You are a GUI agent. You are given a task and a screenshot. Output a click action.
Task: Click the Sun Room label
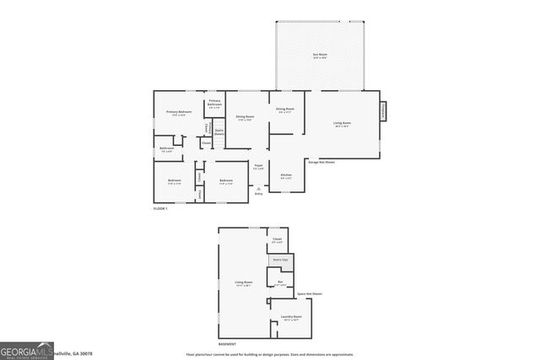point(320,56)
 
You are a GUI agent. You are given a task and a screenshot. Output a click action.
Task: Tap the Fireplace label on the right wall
point(384,110)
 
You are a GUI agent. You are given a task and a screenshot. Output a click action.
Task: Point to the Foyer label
point(259,166)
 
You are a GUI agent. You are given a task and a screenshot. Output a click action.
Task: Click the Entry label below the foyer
point(259,194)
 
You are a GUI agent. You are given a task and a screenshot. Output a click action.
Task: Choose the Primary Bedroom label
point(179,112)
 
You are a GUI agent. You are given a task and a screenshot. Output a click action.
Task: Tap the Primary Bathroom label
point(215,102)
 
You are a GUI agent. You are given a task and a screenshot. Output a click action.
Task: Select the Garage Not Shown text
point(321,161)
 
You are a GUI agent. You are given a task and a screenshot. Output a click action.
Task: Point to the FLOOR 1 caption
point(160,207)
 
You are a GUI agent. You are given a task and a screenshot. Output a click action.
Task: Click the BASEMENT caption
point(228,343)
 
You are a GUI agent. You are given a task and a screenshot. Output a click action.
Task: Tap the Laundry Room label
point(292,318)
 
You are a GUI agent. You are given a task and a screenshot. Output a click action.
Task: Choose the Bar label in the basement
point(280,282)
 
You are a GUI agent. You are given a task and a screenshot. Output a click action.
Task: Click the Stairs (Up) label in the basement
point(279,260)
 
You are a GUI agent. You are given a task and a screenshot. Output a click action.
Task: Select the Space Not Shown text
point(309,293)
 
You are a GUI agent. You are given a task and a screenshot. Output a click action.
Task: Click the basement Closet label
point(278,239)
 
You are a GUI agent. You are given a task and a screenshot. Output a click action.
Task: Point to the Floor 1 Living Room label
point(342,123)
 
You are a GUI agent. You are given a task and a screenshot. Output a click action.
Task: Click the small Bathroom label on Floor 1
point(167,149)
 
